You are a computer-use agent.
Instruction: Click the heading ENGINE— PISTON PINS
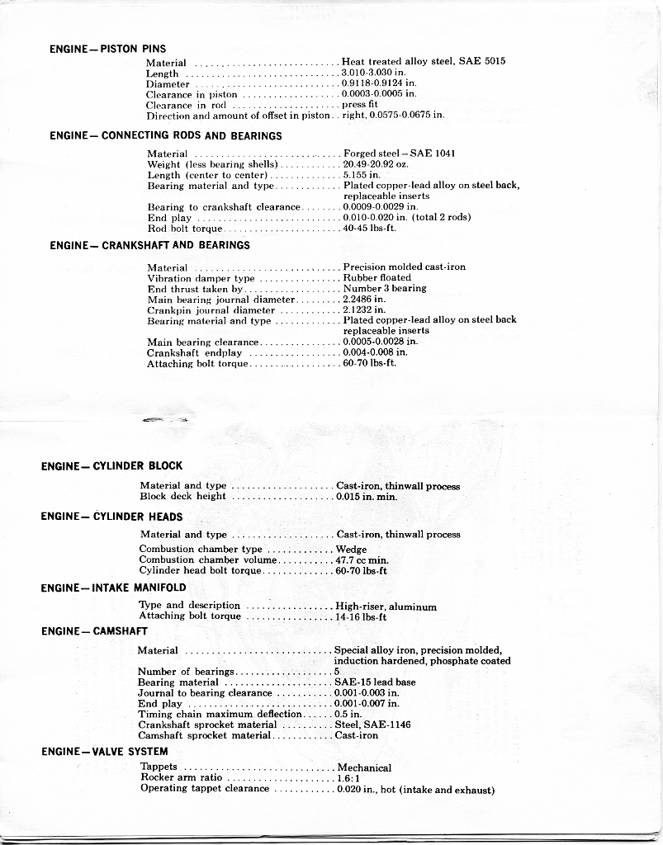coord(108,49)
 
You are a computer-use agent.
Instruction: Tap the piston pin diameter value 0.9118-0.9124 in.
coord(379,83)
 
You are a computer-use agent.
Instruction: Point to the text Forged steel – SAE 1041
coord(400,153)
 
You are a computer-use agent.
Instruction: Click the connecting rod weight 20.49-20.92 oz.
coord(376,164)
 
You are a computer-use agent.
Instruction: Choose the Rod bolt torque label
coord(185,229)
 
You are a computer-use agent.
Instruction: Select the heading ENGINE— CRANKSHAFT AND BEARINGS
coord(149,245)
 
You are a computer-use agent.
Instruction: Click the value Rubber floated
coord(376,278)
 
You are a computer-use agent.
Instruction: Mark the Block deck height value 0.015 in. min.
coord(367,497)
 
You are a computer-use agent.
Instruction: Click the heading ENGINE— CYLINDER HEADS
coord(111,517)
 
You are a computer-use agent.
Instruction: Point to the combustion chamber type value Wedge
coord(352,549)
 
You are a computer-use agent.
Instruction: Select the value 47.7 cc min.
coord(362,559)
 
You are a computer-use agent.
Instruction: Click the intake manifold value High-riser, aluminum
coord(386,607)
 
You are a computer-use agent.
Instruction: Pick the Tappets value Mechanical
coord(364,767)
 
